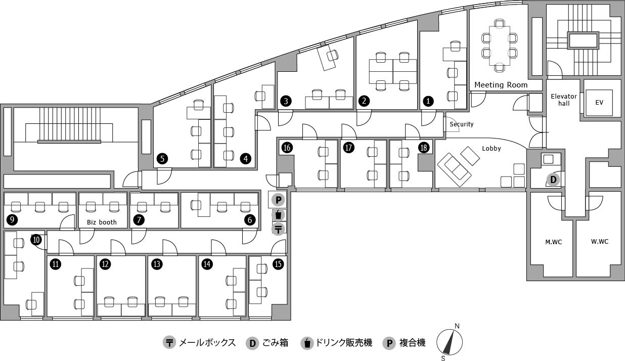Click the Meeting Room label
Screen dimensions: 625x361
pyautogui.click(x=501, y=85)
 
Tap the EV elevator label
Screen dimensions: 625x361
pyautogui.click(x=599, y=103)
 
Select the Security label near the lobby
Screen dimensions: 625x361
pyautogui.click(x=462, y=124)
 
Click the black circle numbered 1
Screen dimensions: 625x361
pyautogui.click(x=428, y=101)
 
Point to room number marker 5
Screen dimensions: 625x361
pyautogui.click(x=162, y=159)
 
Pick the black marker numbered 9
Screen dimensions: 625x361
pyautogui.click(x=12, y=220)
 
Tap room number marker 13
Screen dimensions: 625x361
pyautogui.click(x=157, y=264)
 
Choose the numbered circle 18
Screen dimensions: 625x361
pyautogui.click(x=424, y=148)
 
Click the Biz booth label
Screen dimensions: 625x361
pyautogui.click(x=102, y=222)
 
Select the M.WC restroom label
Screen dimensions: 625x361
pyautogui.click(x=554, y=242)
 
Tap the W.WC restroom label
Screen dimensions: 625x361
pyautogui.click(x=600, y=242)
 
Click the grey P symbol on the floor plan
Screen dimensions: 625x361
pyautogui.click(x=278, y=200)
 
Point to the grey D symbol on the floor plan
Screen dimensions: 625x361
pyautogui.click(x=553, y=179)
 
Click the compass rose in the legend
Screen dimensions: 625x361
pyautogui.click(x=449, y=342)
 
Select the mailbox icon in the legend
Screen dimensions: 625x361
pyautogui.click(x=169, y=342)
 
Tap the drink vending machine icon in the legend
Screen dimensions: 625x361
pyautogui.click(x=307, y=343)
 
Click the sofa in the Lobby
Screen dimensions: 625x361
pyautogui.click(x=454, y=169)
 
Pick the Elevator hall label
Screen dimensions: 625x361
pyautogui.click(x=564, y=100)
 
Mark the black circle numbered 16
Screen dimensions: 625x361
pyautogui.click(x=287, y=148)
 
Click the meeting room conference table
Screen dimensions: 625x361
pyautogui.click(x=500, y=46)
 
